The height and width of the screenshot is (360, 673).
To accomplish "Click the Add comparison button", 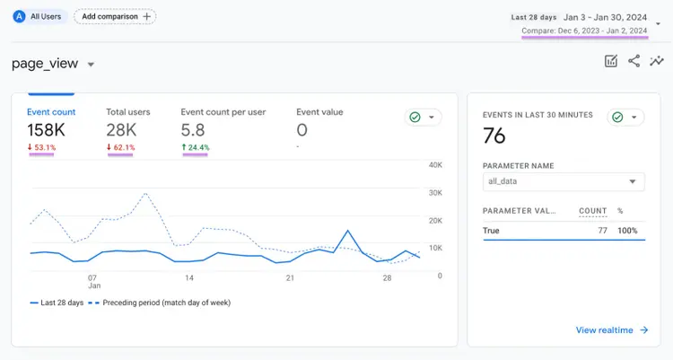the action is (x=115, y=17).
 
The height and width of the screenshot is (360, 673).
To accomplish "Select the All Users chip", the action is (x=39, y=17).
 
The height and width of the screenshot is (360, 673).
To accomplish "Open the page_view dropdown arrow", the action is (x=91, y=65).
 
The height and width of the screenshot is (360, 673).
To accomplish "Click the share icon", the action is (x=634, y=61).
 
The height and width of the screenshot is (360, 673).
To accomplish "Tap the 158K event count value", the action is (x=46, y=130).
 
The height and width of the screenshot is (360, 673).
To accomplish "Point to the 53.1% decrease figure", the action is (x=41, y=147).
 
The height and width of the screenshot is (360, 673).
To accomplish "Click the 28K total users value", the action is (x=121, y=130).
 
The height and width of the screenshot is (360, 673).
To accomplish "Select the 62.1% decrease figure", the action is (x=121, y=147).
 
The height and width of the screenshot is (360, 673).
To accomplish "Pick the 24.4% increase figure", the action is (x=196, y=147).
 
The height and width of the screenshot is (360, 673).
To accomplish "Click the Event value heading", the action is (x=319, y=112).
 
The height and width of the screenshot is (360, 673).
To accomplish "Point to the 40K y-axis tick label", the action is (x=435, y=165).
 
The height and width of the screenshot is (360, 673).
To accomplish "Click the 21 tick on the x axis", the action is (x=290, y=278).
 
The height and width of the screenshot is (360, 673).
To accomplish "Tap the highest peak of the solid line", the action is (x=348, y=231).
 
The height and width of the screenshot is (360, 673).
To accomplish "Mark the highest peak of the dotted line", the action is (x=145, y=193).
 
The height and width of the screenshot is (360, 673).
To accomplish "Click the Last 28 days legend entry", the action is (x=57, y=303).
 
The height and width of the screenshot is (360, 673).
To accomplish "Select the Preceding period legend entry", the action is (x=160, y=303).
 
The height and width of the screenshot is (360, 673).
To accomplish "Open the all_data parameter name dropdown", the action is (x=564, y=181).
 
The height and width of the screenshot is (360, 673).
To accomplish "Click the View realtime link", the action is (x=612, y=330).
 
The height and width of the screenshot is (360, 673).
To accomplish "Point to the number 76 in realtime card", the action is (x=494, y=136).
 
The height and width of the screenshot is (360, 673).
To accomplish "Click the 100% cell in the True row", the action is (x=627, y=231).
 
